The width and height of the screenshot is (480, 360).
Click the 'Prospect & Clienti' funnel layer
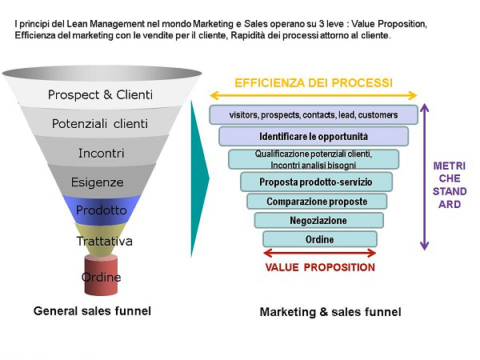tap(100, 95)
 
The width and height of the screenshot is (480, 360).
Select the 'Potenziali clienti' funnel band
tap(100, 124)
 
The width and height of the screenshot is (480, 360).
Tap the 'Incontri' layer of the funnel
tap(100, 153)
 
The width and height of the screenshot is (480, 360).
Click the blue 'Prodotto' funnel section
tap(101, 210)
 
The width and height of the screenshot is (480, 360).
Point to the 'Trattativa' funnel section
tap(103, 240)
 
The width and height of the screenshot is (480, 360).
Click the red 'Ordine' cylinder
tap(101, 277)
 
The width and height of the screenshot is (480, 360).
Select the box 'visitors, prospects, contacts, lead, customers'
tap(313, 115)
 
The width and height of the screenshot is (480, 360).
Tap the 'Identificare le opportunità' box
tap(314, 137)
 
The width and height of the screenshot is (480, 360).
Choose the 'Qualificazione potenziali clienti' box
tap(314, 158)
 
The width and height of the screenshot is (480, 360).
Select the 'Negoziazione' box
tap(318, 220)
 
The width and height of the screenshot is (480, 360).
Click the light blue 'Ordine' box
tap(319, 239)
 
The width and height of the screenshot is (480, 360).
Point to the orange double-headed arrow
tap(313, 95)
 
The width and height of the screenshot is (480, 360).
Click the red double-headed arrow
tap(319, 254)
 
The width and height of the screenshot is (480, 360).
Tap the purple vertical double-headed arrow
tap(425, 176)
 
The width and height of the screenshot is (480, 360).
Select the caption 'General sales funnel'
tap(92, 310)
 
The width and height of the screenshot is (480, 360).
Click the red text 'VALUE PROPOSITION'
tap(319, 267)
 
